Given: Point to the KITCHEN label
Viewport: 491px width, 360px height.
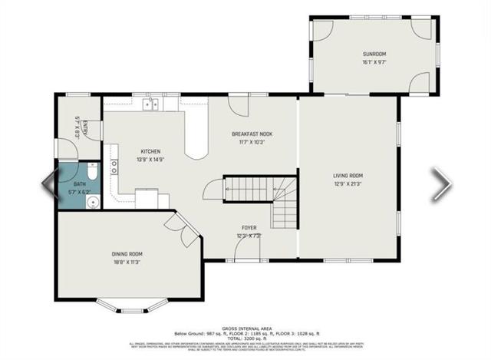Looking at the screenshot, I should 150,151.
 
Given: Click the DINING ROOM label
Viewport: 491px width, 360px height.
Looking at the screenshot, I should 126,254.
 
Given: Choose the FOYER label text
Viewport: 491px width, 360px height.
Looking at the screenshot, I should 249,228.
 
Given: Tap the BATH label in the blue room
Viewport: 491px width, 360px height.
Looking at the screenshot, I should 79,185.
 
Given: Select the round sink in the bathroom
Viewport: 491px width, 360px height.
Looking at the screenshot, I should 91,203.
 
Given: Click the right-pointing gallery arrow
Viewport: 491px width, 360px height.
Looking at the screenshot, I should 441,184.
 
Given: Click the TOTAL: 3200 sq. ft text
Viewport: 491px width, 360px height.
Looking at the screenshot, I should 245,338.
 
